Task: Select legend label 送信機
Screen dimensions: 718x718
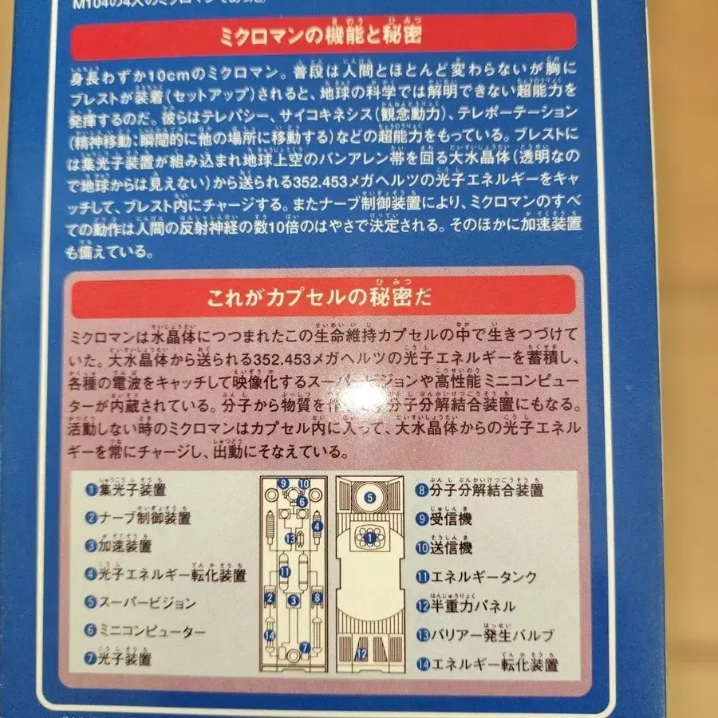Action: (452, 547)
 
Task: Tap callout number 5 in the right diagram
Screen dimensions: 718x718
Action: (370, 497)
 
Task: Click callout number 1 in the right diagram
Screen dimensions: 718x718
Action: (369, 538)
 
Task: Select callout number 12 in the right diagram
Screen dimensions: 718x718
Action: (361, 654)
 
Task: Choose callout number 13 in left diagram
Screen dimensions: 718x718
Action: (291, 538)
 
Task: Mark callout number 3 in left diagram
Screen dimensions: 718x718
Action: (294, 600)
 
